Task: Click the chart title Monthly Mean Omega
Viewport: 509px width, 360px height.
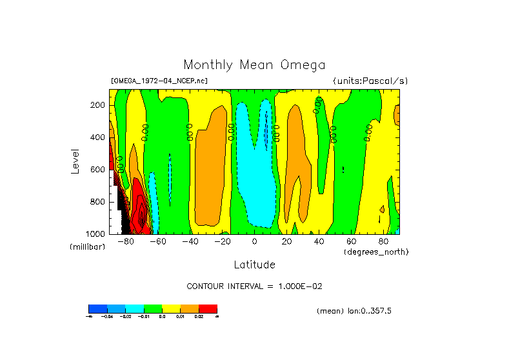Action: [254, 65]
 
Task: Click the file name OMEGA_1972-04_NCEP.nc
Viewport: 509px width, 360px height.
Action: [159, 81]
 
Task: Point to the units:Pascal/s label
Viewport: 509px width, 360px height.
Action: [370, 81]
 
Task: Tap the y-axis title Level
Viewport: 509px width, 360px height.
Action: [76, 161]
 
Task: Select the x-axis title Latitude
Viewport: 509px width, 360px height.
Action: [254, 265]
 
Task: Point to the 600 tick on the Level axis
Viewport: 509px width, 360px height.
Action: [98, 170]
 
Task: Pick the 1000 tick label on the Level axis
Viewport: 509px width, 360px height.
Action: [96, 234]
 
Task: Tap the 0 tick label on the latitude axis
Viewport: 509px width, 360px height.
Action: [254, 242]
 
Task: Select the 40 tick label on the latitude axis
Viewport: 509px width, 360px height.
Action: [319, 242]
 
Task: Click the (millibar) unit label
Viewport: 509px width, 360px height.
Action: [87, 247]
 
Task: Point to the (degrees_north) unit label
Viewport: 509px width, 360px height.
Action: [376, 251]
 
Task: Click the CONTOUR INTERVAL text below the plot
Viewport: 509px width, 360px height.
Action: [259, 286]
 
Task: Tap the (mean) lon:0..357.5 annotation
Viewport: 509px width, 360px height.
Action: [354, 311]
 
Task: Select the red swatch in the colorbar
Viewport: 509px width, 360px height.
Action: [208, 308]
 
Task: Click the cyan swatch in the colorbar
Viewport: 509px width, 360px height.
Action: [134, 308]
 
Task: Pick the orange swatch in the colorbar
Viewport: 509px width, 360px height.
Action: [190, 308]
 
